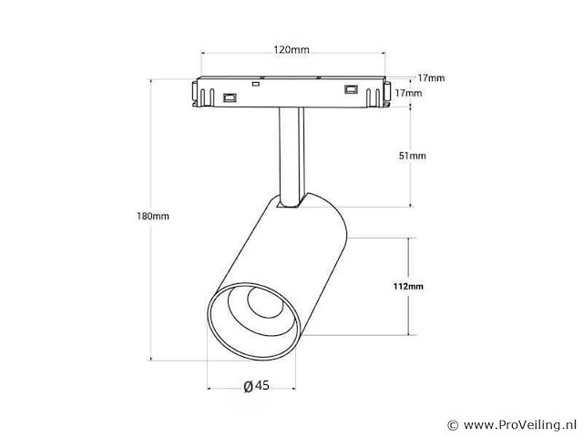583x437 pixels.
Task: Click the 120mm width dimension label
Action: coord(291,49)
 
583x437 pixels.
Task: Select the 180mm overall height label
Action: coord(153,216)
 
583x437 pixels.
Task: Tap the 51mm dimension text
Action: coord(413,156)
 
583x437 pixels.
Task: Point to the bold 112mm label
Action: coord(408,286)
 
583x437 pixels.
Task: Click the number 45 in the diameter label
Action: coord(262,385)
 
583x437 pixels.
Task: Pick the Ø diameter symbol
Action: coord(248,386)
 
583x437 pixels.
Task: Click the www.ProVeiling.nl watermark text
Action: coord(519,424)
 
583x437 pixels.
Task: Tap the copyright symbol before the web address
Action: coord(453,425)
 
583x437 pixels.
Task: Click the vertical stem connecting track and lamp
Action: coord(291,156)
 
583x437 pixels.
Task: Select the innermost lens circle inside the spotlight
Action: coord(265,301)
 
